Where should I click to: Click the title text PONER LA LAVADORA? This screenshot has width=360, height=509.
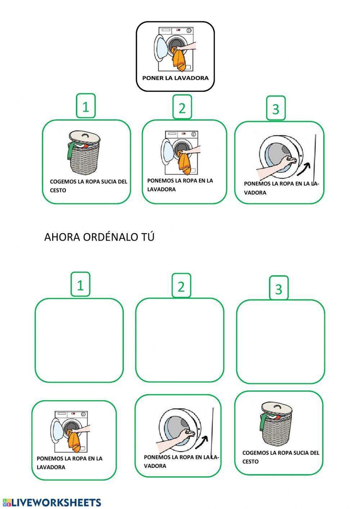click(175, 78)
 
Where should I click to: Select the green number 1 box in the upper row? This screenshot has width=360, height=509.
click(86, 106)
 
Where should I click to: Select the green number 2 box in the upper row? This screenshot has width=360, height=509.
click(182, 107)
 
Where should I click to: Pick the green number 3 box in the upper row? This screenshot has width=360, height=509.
click(276, 108)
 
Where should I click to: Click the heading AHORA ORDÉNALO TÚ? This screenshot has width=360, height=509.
click(99, 237)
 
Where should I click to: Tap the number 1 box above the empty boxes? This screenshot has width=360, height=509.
click(80, 285)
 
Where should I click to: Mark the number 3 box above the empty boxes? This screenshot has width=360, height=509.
click(279, 288)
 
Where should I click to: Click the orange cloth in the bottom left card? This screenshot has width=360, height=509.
click(75, 443)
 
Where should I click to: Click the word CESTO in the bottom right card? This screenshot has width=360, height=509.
click(250, 461)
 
